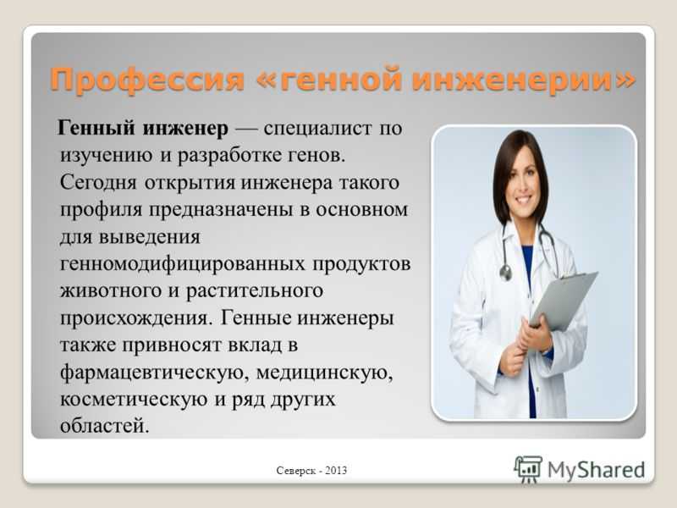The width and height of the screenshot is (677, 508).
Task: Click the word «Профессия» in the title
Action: tap(147, 80)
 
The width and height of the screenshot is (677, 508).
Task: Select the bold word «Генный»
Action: tap(96, 129)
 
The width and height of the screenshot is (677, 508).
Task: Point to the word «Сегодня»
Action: tap(98, 183)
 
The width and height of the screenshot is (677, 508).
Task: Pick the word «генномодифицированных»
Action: tap(182, 263)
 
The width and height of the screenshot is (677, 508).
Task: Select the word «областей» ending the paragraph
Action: tap(104, 426)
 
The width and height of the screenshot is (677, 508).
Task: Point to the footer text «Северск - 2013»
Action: tap(311, 471)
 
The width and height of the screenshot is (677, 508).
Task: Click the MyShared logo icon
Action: tap(528, 469)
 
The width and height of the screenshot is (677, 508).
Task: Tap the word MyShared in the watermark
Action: tap(597, 470)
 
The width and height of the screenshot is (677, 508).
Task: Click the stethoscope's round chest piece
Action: tap(505, 273)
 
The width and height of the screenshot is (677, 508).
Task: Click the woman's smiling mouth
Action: tap(523, 201)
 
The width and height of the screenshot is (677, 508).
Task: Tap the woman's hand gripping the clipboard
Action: tap(536, 333)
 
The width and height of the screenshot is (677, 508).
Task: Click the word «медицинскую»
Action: tap(325, 372)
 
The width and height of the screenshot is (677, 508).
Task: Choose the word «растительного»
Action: tap(255, 291)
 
